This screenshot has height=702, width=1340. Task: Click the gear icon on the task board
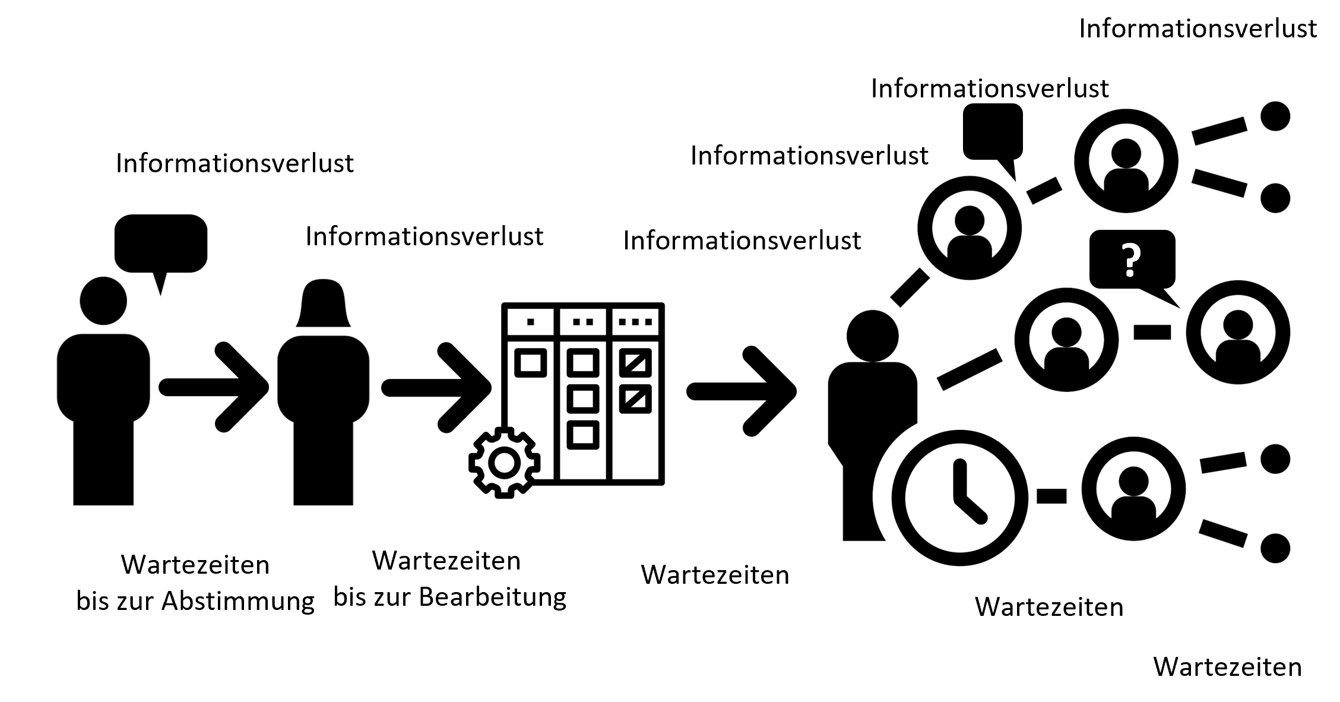(x=505, y=463)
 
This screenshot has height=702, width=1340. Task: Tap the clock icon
(x=960, y=498)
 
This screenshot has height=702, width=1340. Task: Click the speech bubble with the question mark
(x=1132, y=260)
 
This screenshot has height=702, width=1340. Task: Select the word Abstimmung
(x=238, y=602)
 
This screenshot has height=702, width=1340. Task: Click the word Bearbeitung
(x=493, y=597)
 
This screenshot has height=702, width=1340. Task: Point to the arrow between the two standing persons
(x=214, y=387)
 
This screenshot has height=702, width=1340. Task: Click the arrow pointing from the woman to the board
(x=436, y=387)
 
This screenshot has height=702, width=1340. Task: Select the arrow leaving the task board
(x=742, y=391)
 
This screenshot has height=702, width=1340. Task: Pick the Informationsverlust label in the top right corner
(x=1198, y=29)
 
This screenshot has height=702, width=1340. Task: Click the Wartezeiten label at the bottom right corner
(x=1227, y=667)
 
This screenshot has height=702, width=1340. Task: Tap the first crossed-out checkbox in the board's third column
(x=635, y=363)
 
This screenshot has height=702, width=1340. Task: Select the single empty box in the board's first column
(x=530, y=363)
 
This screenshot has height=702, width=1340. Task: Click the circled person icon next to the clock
(x=1133, y=489)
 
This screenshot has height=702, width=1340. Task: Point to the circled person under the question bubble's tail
(x=1238, y=332)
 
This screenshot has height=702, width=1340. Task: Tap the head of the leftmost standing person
(x=103, y=301)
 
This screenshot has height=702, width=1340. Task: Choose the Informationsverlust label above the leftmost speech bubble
(x=235, y=163)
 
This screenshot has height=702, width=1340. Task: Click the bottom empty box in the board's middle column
(x=582, y=435)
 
